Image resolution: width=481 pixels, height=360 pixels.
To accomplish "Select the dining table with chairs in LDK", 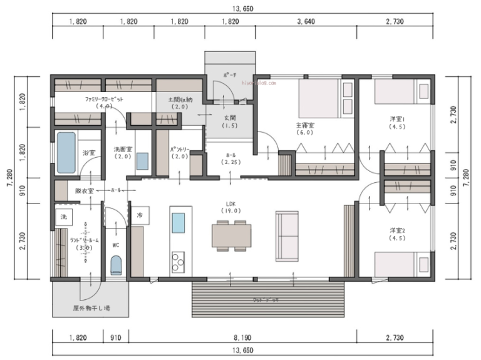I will (x=231, y=235).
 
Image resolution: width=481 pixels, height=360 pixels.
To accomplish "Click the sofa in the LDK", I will (x=287, y=235).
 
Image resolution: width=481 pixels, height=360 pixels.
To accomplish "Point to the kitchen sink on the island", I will (x=178, y=223).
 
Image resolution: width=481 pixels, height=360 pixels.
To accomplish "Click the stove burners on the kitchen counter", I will (x=178, y=258).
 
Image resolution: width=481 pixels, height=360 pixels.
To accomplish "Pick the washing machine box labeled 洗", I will (x=63, y=216).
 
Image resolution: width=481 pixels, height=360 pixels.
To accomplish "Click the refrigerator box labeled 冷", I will (x=140, y=215).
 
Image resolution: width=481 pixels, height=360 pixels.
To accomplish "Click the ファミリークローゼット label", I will (x=104, y=100).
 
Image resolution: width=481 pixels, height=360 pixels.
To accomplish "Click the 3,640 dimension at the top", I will (x=308, y=21).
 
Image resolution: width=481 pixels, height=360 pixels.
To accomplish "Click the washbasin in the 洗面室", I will (x=143, y=161).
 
